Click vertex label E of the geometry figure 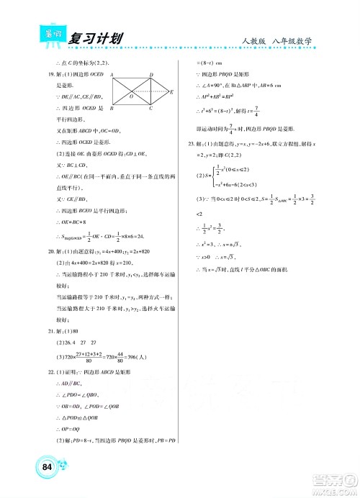[171, 91]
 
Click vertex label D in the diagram [150, 75]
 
